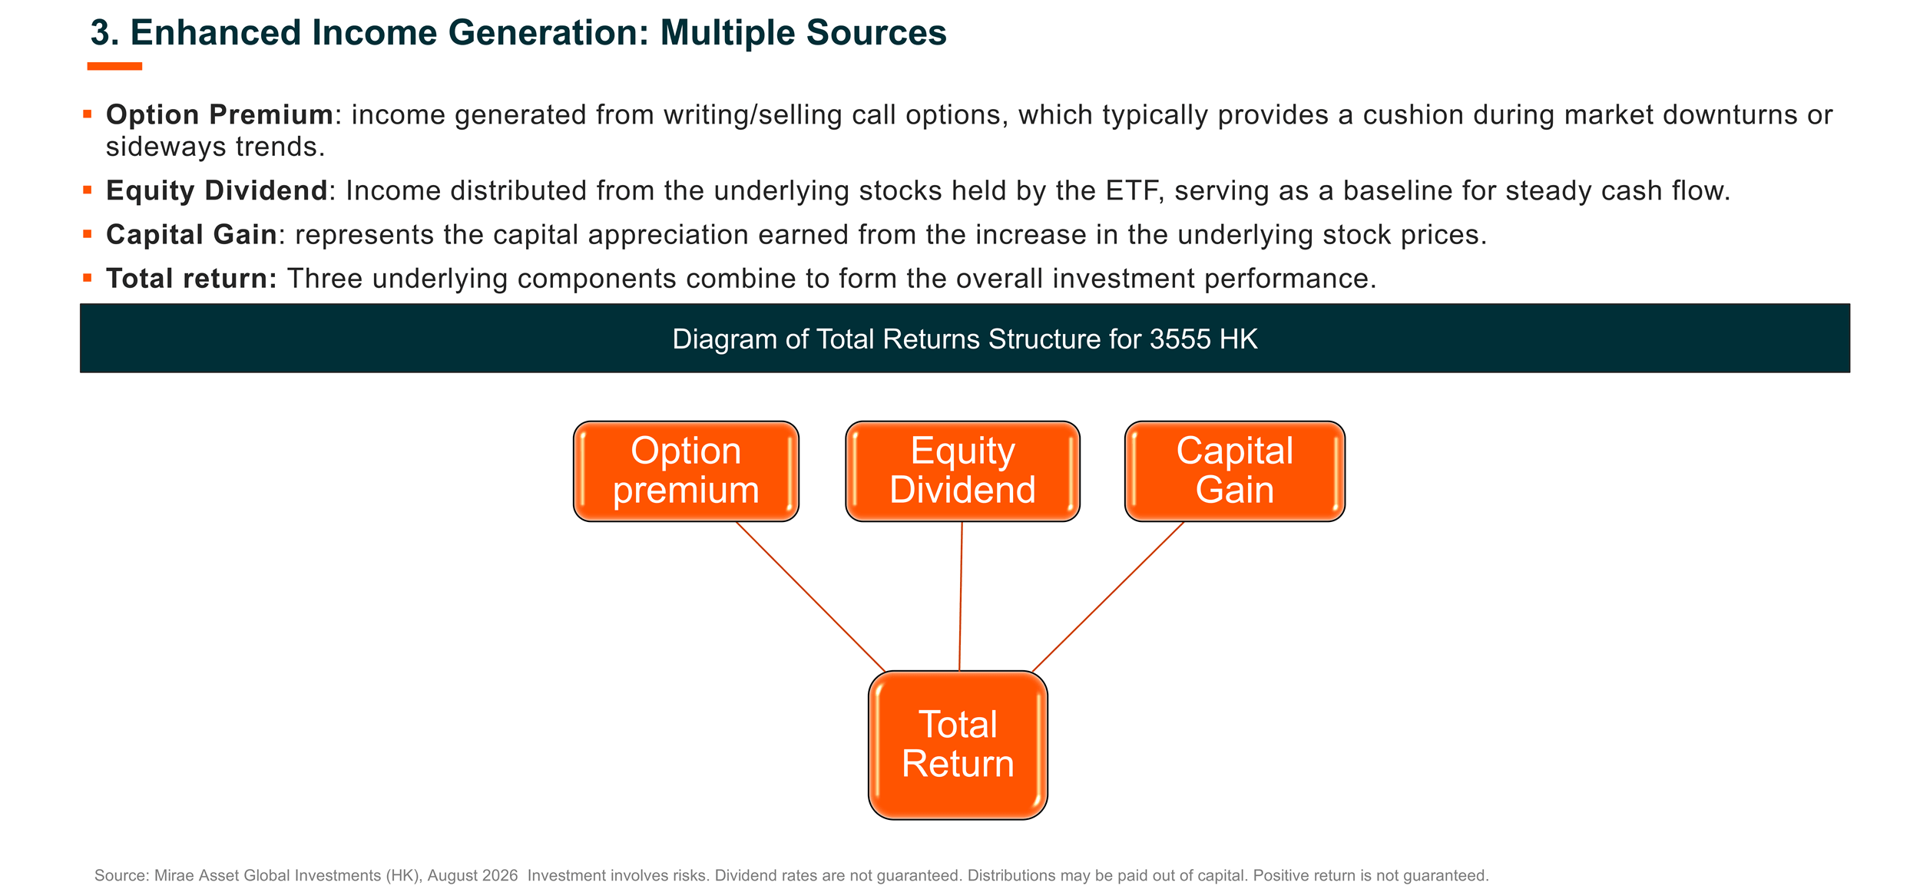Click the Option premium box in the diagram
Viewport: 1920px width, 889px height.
[686, 471]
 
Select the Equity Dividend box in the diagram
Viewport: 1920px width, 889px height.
[962, 471]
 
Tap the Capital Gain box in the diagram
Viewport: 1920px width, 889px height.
[1234, 471]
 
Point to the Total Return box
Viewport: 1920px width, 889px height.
[958, 745]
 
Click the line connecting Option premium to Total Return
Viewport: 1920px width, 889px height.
[810, 597]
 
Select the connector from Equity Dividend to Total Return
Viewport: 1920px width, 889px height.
[961, 597]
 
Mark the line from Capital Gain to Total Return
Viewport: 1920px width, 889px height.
[1108, 597]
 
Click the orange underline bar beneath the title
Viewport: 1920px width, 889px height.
[114, 66]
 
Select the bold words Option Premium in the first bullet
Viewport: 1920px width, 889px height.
[220, 114]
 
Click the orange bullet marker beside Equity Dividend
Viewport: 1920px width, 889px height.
[88, 190]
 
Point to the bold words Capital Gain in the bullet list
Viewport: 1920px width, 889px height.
[191, 234]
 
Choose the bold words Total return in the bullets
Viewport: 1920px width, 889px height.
[191, 278]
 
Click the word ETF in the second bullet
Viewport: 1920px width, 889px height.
[1131, 190]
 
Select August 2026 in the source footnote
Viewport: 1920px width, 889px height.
[472, 875]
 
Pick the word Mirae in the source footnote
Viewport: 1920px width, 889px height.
[174, 875]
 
